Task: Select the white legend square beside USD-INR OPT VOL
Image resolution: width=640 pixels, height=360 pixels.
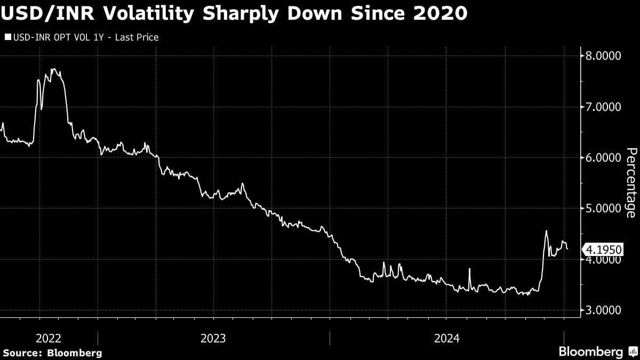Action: [x=8, y=37]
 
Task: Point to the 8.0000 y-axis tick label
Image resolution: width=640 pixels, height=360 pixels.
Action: [x=604, y=56]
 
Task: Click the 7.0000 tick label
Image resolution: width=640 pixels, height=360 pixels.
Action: [x=604, y=107]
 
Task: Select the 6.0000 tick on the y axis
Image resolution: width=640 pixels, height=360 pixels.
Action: [x=604, y=158]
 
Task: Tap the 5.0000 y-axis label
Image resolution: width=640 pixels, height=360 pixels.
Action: [x=604, y=209]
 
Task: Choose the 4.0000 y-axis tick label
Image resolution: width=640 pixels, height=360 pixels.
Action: [x=604, y=260]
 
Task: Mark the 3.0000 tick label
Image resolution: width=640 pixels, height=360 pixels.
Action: [x=604, y=310]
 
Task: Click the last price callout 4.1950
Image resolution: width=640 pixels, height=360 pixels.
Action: [x=604, y=249]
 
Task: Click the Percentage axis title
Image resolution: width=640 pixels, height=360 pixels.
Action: [x=630, y=183]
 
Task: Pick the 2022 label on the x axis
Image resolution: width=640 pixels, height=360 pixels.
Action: [x=49, y=338]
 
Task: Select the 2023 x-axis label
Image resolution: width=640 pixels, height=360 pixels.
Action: [x=213, y=338]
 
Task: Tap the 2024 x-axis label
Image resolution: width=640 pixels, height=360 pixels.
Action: [x=447, y=338]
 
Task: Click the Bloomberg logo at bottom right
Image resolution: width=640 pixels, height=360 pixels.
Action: [x=597, y=351]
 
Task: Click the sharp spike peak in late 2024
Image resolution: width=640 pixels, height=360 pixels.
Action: [x=546, y=231]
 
